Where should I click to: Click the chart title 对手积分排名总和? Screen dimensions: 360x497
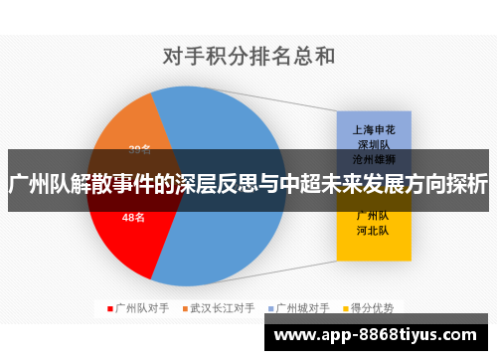[248, 57]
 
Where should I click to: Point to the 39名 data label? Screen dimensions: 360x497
[139, 150]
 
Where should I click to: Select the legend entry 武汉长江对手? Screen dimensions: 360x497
[223, 308]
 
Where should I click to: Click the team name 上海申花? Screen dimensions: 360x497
[373, 129]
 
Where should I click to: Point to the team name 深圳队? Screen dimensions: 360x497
[373, 143]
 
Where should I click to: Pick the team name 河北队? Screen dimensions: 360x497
[373, 230]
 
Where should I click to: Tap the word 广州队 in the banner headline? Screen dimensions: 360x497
[40, 184]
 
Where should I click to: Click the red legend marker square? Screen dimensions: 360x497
[110, 308]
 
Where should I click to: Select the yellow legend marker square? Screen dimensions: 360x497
[344, 308]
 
